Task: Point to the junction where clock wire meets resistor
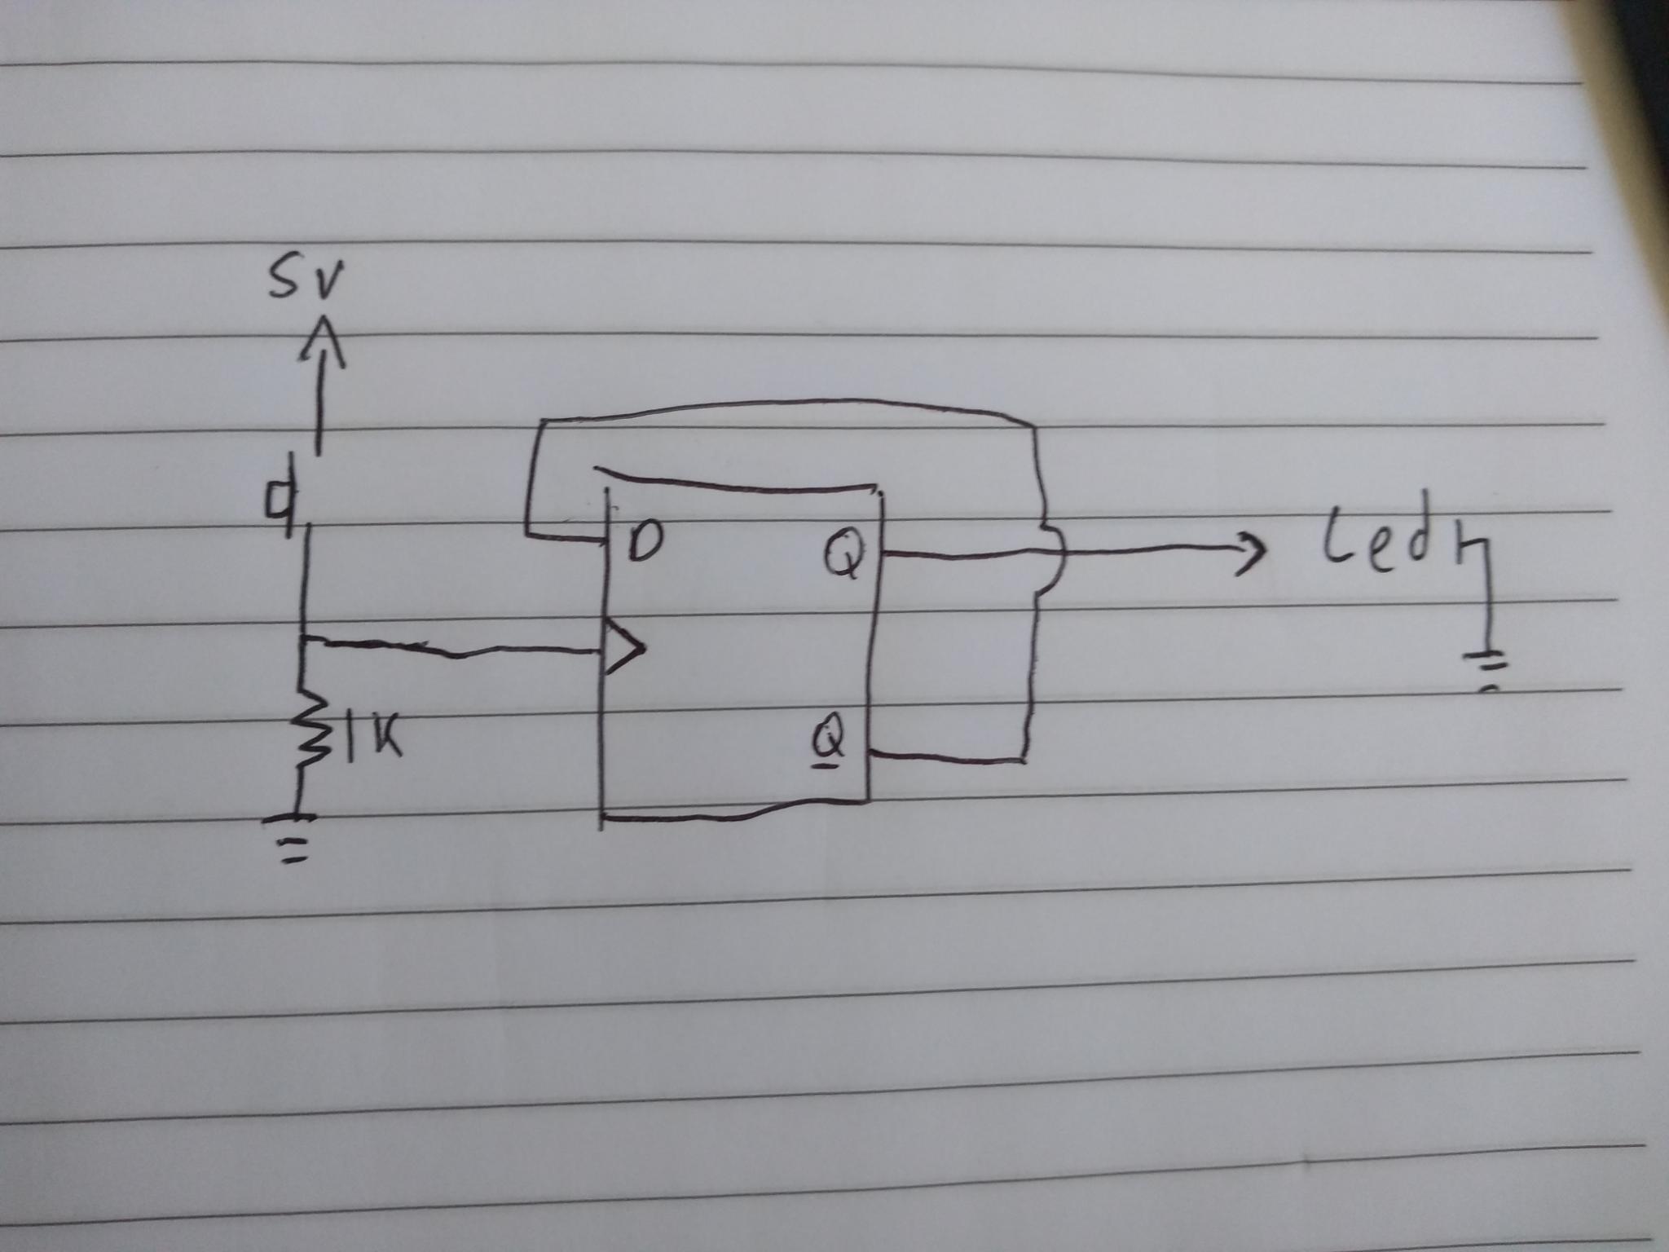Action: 303,639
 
